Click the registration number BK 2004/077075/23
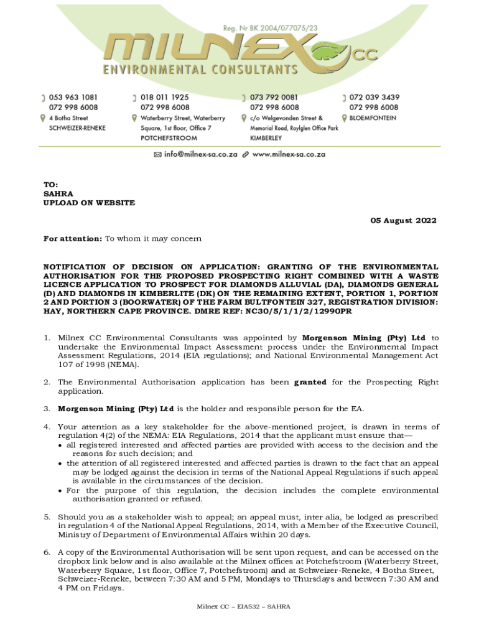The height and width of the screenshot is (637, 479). point(274,29)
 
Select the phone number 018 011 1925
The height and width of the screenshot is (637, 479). point(164,98)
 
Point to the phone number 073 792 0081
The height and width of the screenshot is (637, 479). point(274,98)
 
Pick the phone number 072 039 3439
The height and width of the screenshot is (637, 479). point(374,98)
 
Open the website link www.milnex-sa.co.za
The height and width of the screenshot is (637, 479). point(289,154)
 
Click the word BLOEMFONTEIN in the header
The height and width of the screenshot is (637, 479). point(373,118)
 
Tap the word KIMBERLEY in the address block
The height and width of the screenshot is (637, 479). point(266,137)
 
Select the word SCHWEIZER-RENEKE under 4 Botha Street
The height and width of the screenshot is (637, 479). point(77,128)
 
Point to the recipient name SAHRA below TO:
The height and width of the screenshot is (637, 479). point(58,194)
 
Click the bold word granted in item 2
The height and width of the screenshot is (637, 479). point(310,383)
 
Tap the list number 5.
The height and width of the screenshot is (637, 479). point(47,517)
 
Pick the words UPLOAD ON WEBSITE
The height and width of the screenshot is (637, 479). point(88,203)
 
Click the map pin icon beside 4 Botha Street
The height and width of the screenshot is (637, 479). point(44,118)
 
